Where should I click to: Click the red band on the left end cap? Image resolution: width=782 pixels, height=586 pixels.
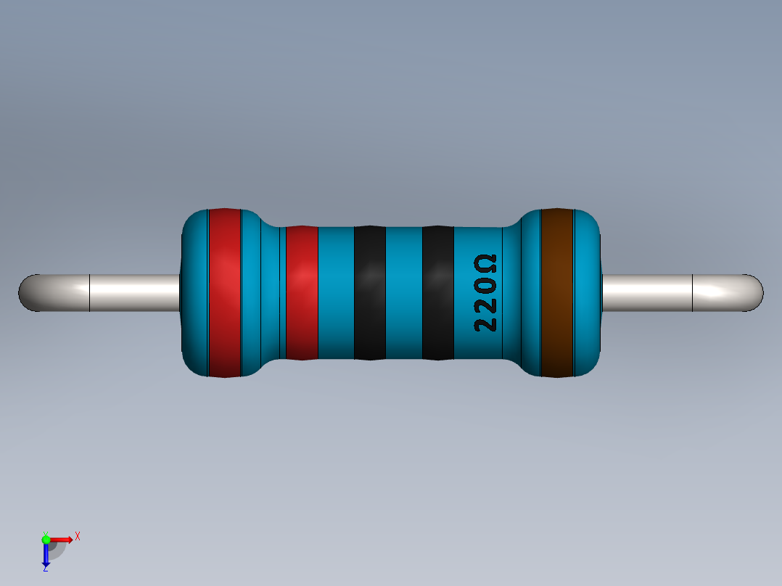pyautogui.click(x=224, y=293)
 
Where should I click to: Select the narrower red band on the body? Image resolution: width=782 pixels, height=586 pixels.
pyautogui.click(x=302, y=293)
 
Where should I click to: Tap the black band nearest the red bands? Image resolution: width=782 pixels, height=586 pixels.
pyautogui.click(x=369, y=293)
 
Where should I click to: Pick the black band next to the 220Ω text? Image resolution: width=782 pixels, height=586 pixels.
pyautogui.click(x=437, y=293)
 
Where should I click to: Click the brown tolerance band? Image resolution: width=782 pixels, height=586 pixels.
pyautogui.click(x=557, y=293)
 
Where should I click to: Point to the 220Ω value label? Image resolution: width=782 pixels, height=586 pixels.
pyautogui.click(x=485, y=293)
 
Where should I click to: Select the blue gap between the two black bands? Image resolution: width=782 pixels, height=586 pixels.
pyautogui.click(x=403, y=293)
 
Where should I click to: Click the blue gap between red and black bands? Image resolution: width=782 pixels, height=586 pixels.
pyautogui.click(x=336, y=293)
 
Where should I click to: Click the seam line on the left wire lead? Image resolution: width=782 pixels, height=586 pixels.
pyautogui.click(x=89, y=293)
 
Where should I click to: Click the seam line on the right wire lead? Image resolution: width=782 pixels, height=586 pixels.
pyautogui.click(x=693, y=293)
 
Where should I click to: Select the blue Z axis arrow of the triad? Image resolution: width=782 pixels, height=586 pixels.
pyautogui.click(x=46, y=555)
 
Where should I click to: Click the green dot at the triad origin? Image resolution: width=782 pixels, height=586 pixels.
pyautogui.click(x=46, y=539)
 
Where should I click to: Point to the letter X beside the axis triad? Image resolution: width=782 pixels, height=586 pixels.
pyautogui.click(x=77, y=536)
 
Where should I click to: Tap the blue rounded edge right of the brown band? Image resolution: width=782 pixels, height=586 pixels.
pyautogui.click(x=588, y=293)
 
